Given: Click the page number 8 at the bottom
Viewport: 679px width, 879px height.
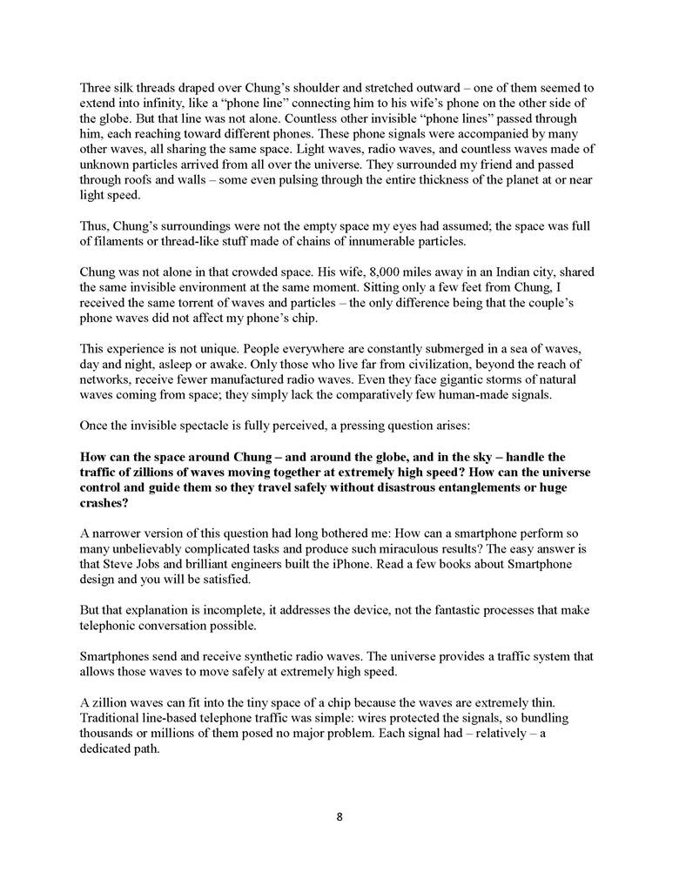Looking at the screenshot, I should [339, 816].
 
